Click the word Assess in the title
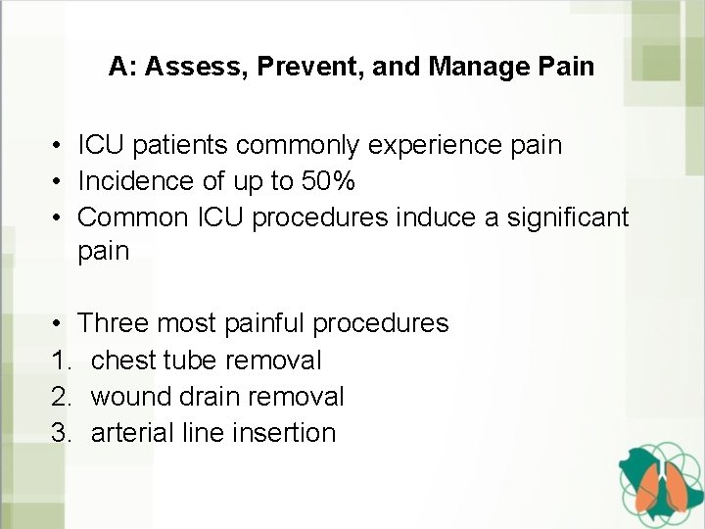click(189, 68)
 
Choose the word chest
click(124, 361)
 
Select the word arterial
click(130, 432)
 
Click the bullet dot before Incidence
click(60, 181)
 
